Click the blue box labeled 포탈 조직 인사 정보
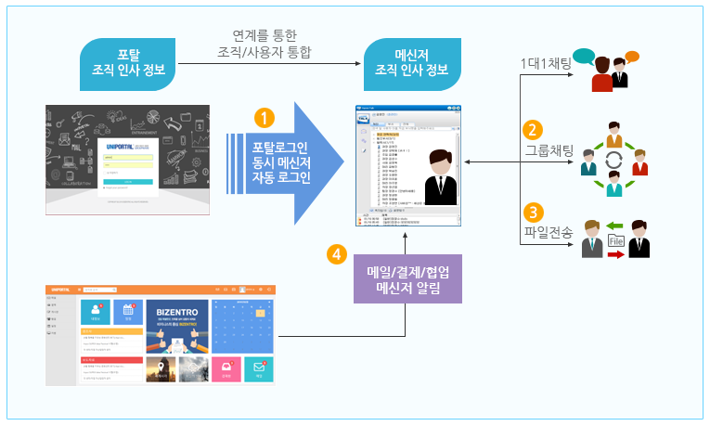130,62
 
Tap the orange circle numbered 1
265,118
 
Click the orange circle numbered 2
532,130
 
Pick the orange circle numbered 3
532,213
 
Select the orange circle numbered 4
338,253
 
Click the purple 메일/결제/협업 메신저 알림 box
407,278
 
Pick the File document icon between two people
614,242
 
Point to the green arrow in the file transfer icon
614,226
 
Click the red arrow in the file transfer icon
614,256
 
